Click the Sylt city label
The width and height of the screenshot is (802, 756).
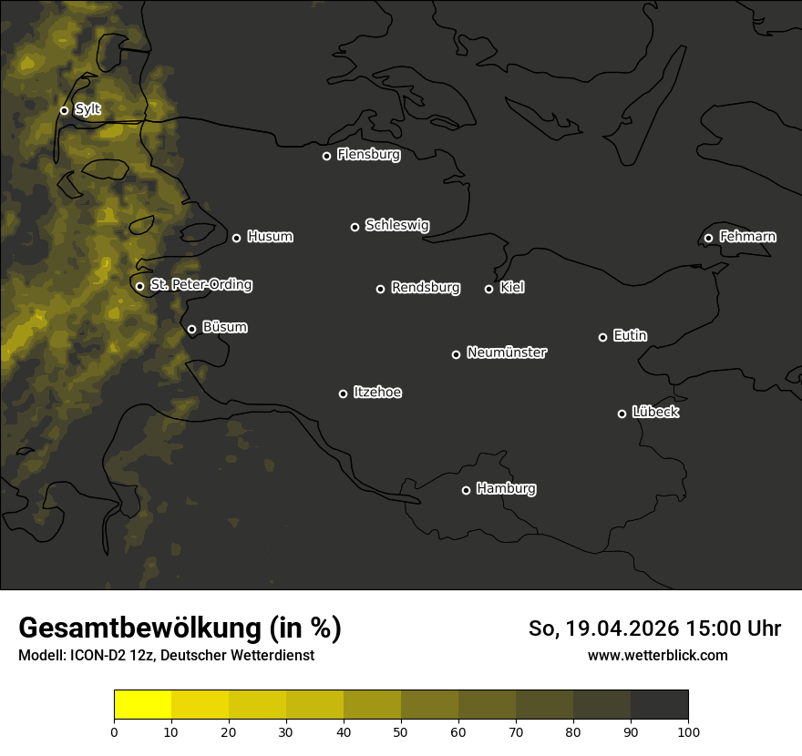point(87,109)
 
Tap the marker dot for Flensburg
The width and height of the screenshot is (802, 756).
point(326,156)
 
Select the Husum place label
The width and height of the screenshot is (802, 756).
point(270,237)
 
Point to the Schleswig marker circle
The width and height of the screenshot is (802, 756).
point(355,227)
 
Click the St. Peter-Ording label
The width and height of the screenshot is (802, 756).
point(200,285)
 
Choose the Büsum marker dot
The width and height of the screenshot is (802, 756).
point(191,330)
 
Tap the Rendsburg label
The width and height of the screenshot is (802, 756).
point(425,288)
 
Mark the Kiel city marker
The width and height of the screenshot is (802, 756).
point(488,289)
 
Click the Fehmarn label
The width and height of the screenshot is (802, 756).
point(747,237)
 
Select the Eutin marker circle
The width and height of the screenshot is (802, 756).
point(602,337)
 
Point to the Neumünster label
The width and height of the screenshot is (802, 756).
point(506,352)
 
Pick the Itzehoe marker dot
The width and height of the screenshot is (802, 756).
point(343,393)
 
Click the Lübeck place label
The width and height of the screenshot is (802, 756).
point(654,413)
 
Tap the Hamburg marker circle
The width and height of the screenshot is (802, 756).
point(466,490)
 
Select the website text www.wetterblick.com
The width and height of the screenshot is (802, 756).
point(657,655)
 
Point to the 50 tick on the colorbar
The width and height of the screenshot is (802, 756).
point(401,730)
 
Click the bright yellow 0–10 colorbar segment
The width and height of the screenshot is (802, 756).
point(142,705)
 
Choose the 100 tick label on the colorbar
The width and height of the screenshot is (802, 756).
point(688,730)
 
